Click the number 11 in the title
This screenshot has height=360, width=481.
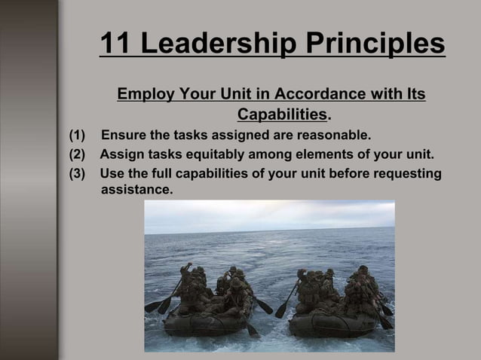(x=116, y=44)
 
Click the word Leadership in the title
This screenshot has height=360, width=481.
(x=217, y=44)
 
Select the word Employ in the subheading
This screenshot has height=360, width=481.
(x=145, y=96)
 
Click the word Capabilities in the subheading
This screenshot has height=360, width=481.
(x=283, y=115)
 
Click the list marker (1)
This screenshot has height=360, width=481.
(x=78, y=136)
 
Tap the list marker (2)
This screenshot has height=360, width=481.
(x=78, y=155)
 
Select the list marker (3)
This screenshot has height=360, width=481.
(x=78, y=174)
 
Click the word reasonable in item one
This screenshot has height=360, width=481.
(x=332, y=136)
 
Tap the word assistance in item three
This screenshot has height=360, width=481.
(x=136, y=190)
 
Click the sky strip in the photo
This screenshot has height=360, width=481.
(x=269, y=214)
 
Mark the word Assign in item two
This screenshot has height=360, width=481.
(x=121, y=155)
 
